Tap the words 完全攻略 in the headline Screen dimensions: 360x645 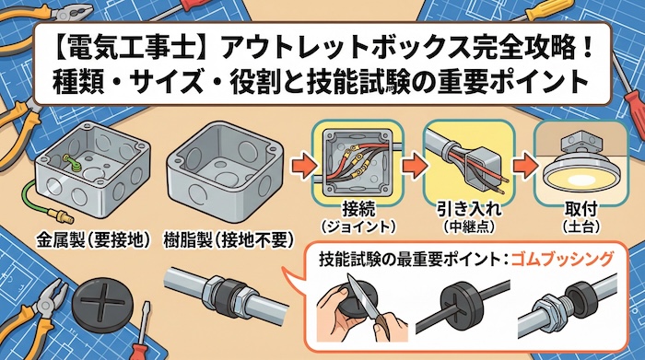tap(472, 43)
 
